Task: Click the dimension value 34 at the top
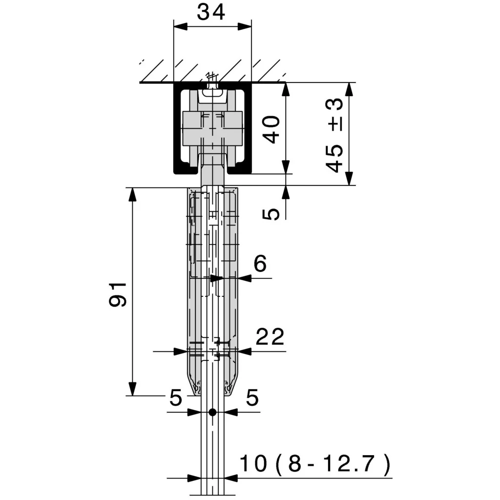211,12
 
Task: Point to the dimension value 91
118,294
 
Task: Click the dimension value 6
260,264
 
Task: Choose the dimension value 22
270,336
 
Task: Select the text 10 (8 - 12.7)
315,463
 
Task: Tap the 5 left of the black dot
176,397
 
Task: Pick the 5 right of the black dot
252,397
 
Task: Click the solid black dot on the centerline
212,412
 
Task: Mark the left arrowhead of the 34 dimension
181,27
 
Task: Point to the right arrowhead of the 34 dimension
245,27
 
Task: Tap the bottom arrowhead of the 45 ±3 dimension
350,178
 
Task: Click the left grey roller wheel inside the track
191,129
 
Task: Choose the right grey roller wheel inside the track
233,129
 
